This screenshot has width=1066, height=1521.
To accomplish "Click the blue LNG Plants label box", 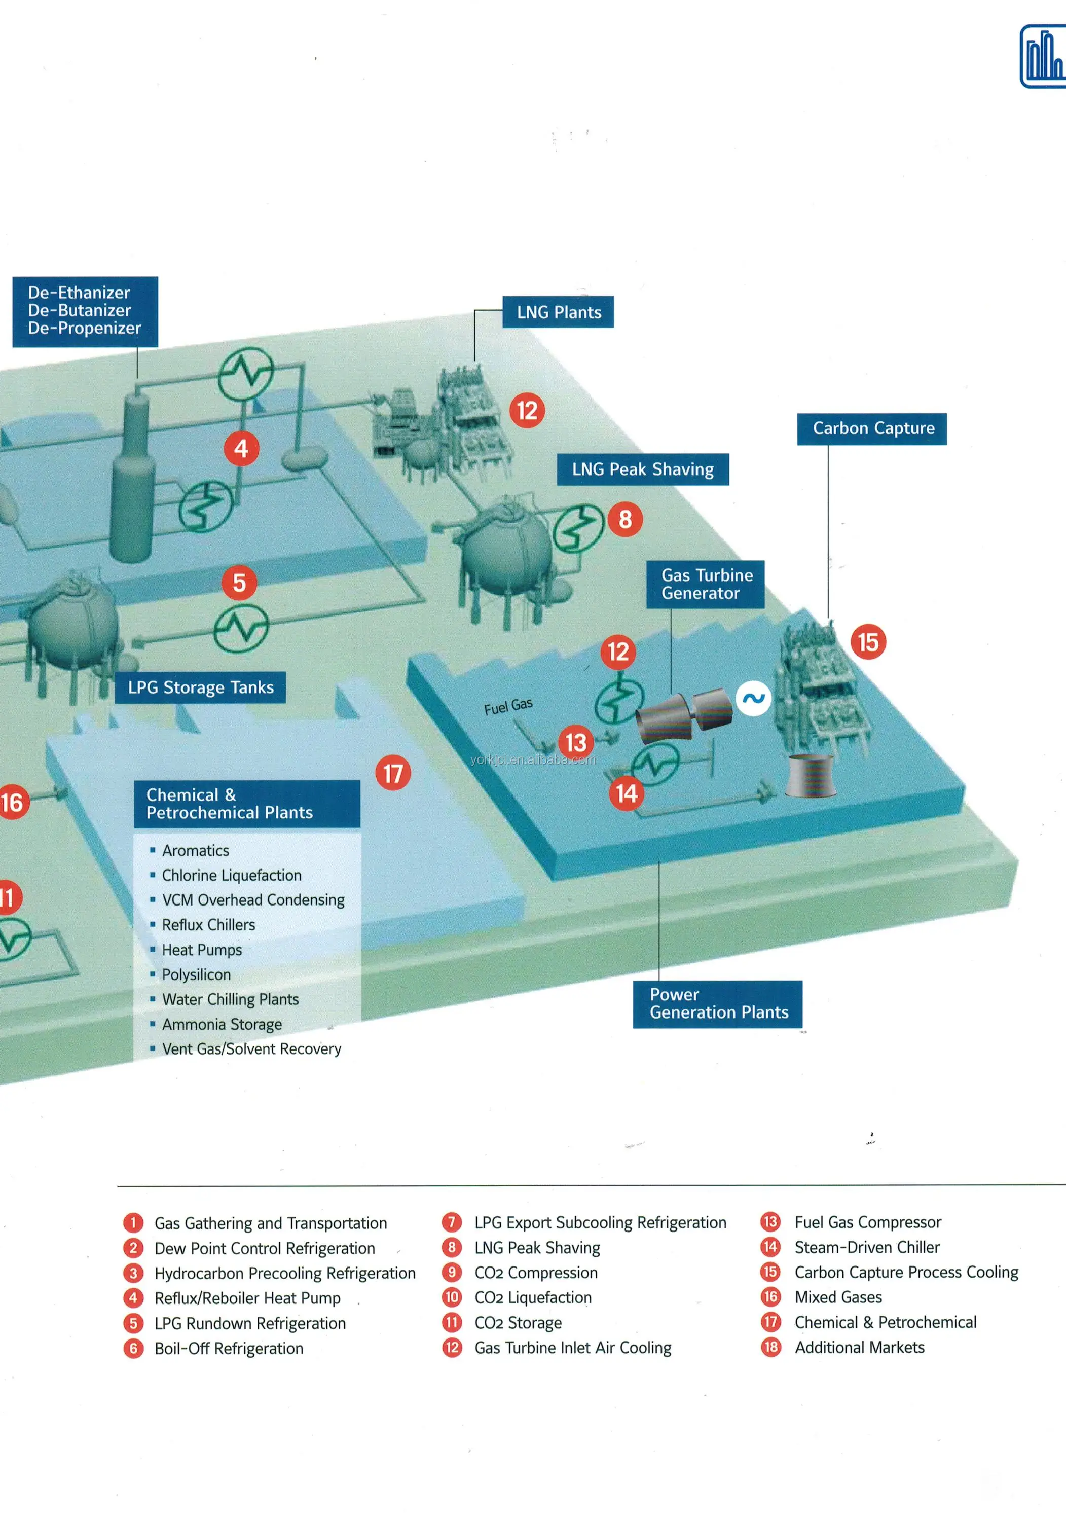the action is (558, 312).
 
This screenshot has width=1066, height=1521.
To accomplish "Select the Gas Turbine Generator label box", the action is (706, 584).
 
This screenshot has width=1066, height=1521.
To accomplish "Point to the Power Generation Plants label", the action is (718, 1004).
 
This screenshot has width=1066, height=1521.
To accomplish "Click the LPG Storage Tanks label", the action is (200, 687).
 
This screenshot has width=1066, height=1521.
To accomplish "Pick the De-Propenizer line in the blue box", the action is (84, 329).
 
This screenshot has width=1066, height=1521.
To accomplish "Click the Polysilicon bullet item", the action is (196, 974).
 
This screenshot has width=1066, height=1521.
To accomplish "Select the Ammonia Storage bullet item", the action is (222, 1024).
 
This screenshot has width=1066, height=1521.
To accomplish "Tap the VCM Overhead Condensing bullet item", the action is (253, 899).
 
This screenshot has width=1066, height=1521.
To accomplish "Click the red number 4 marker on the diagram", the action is (241, 449).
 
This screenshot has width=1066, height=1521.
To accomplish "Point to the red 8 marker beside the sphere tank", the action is (626, 519).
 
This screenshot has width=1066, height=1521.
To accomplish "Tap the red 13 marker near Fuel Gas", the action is (576, 742).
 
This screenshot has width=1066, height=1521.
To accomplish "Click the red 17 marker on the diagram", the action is (393, 773).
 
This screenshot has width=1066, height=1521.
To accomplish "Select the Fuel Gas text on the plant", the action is (508, 706).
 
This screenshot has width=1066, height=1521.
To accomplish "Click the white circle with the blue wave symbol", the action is (753, 698).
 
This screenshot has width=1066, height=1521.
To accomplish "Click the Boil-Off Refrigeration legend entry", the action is (213, 1348).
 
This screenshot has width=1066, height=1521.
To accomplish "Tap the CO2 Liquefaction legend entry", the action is (517, 1297).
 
